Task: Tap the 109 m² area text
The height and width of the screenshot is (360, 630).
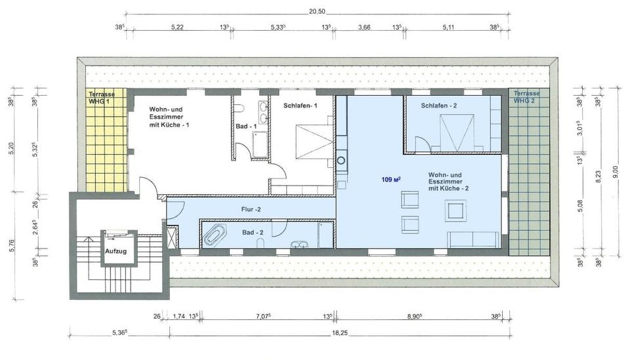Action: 391,179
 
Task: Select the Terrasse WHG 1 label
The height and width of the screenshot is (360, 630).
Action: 102,98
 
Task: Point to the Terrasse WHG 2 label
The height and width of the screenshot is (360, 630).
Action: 528,97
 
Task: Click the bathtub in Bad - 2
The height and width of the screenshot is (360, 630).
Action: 215,234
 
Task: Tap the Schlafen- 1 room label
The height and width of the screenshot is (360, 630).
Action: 301,106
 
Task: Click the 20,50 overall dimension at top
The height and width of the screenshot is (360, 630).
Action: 317,11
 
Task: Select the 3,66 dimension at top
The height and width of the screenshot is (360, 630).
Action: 364,28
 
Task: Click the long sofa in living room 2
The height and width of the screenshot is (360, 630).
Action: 472,239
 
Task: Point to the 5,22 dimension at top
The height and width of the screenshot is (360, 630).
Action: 177,28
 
